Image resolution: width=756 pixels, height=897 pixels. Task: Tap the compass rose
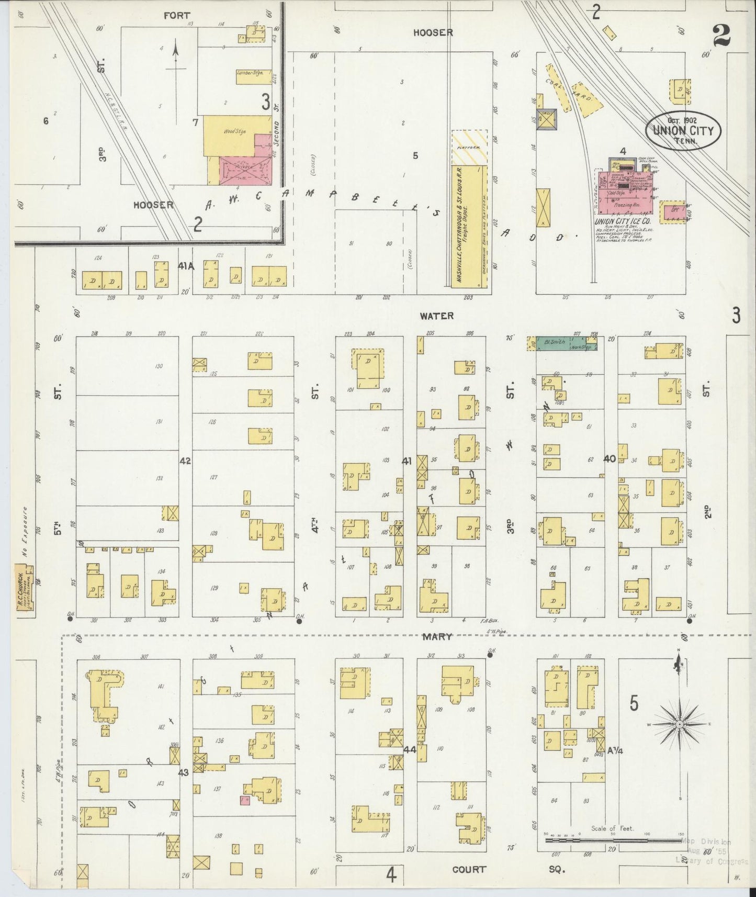coord(679,724)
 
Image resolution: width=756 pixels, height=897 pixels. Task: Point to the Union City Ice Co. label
coord(618,222)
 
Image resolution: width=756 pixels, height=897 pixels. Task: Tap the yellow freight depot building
coord(469,226)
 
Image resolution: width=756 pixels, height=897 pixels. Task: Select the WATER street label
coord(436,316)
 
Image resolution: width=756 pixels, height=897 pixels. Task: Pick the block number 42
coord(185,461)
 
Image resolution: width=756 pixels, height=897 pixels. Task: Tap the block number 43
coord(184,772)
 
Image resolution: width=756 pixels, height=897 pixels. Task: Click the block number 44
coord(410,750)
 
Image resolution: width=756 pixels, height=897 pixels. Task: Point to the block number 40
coord(609,458)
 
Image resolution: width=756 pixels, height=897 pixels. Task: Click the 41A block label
coord(186,266)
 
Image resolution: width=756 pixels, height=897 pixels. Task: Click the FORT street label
coord(177,16)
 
